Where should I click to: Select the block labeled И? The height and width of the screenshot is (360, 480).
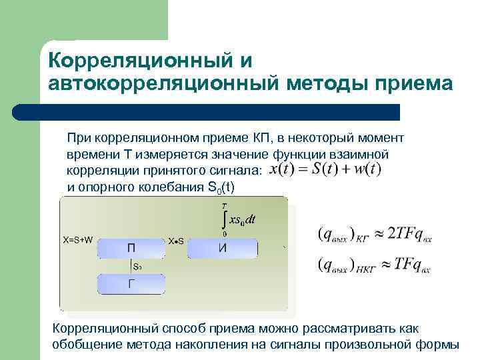point(221,247)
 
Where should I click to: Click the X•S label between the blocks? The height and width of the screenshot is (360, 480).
point(176,240)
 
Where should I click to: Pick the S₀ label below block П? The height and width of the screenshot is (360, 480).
point(137,266)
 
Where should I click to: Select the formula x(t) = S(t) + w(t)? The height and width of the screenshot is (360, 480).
point(325,169)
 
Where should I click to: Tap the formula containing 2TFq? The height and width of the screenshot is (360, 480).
point(373,234)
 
